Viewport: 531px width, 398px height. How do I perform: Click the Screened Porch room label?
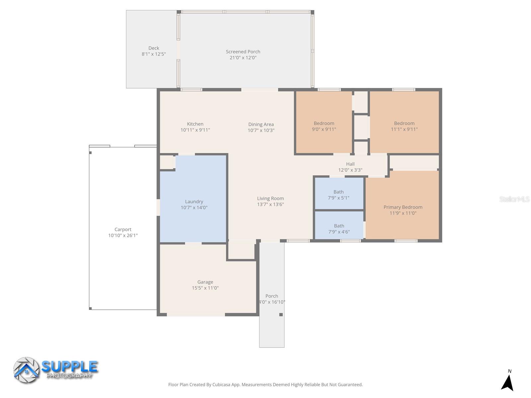243,51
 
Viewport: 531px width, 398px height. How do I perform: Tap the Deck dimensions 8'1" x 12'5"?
154,54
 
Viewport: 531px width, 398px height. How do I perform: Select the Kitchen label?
195,124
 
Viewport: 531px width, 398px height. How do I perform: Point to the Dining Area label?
261,124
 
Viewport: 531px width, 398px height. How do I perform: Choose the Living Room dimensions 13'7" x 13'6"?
270,204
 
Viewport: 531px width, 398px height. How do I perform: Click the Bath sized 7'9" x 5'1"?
339,195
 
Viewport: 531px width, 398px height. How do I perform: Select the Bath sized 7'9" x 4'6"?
339,229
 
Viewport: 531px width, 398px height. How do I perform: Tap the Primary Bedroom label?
403,207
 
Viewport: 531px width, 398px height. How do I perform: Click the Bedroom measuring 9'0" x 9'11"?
324,126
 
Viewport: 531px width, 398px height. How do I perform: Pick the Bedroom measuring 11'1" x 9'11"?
404,126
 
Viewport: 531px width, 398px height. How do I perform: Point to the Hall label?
350,164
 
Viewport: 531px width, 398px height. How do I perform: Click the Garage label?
205,282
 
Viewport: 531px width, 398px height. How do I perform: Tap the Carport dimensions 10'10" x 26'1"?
123,235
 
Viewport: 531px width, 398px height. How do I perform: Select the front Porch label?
272,296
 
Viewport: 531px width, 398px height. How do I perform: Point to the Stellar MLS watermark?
514,199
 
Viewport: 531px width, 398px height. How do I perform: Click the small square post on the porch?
281,314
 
